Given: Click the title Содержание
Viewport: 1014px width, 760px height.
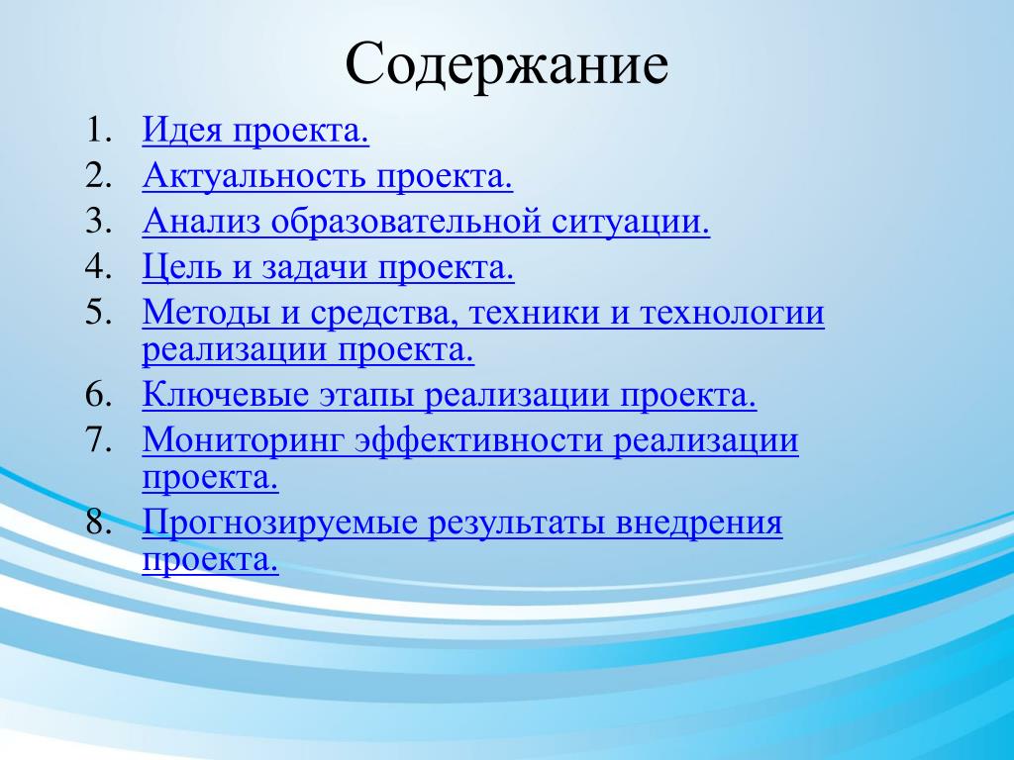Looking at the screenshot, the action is pos(506,64).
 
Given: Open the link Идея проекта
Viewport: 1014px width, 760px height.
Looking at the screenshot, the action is pos(256,130).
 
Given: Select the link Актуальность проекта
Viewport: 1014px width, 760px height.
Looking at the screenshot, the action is pos(328,175).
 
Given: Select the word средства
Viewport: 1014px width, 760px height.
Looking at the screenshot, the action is pos(384,314).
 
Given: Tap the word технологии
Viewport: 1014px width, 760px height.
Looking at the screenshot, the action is pos(733,314).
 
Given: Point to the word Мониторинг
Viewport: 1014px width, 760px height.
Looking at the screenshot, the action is pos(245,441).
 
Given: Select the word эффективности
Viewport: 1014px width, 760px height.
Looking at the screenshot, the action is pos(479,440).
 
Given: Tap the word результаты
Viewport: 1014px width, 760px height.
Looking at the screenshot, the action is pos(517,523).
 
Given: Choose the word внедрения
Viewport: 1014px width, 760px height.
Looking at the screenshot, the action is pos(699,523).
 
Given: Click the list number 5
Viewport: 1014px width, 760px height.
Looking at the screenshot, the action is pos(98,313).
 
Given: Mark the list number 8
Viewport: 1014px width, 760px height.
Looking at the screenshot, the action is pos(98,522).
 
